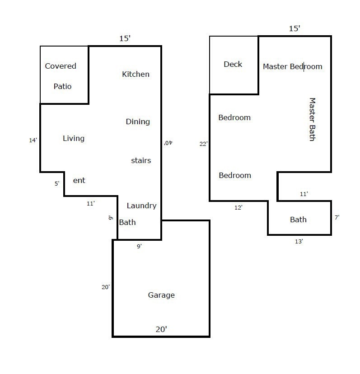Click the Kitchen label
(136, 74)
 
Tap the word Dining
(138, 122)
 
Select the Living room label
(74, 139)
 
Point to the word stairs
(141, 160)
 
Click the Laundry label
(141, 206)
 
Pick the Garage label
(161, 295)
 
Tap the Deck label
(233, 64)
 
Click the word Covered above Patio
(61, 66)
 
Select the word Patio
(62, 86)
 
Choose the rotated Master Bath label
(312, 119)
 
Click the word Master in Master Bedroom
(275, 66)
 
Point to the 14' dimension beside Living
(33, 140)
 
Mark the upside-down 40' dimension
(168, 143)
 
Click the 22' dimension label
(204, 144)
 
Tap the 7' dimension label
(337, 217)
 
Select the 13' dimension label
(299, 241)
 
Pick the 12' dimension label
(238, 207)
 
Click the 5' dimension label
(57, 184)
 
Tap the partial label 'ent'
(79, 181)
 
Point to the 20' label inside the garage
(161, 329)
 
